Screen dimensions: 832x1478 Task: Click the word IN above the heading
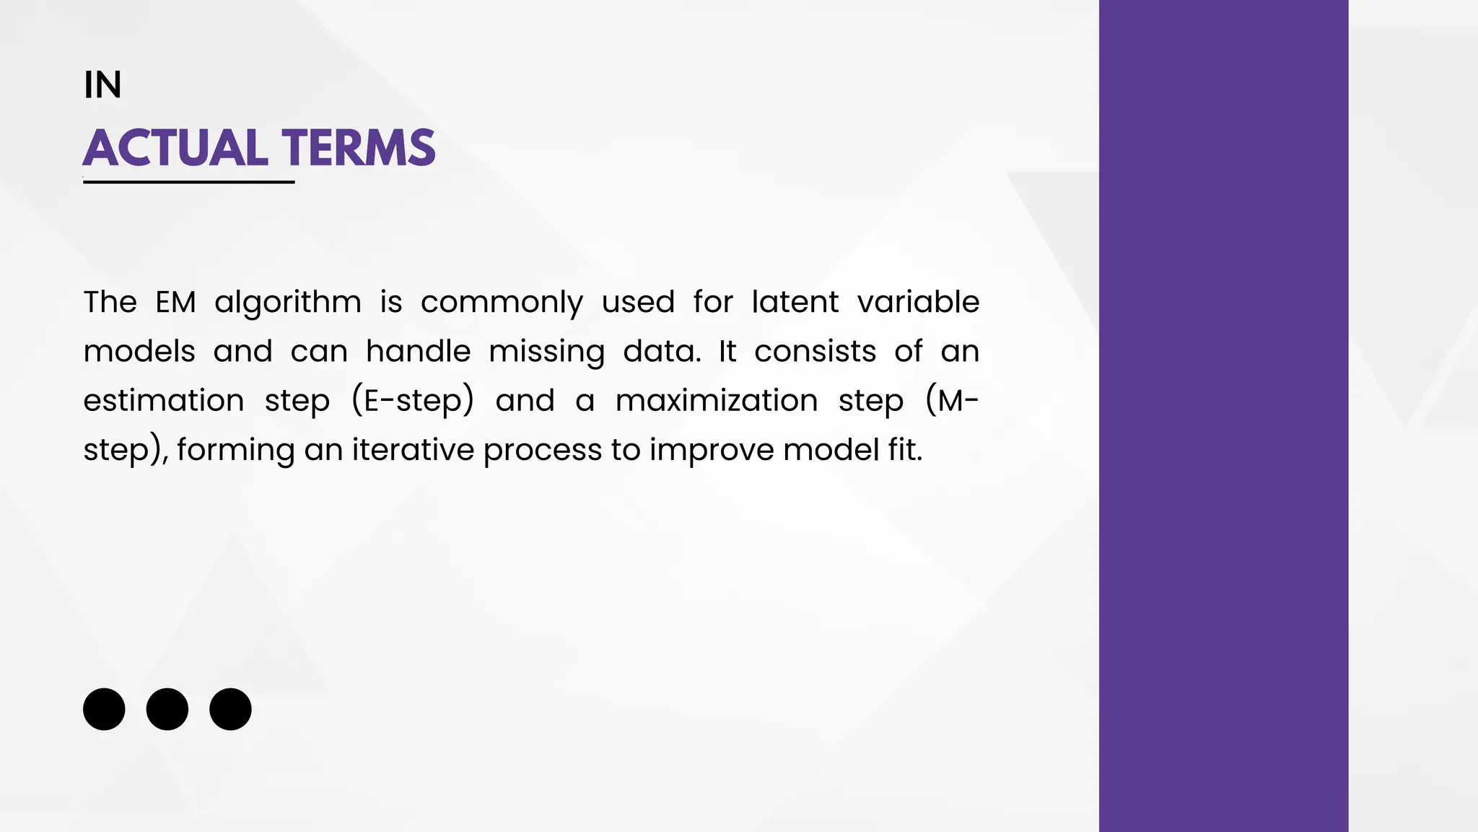(x=102, y=85)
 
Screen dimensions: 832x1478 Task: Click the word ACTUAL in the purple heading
(x=175, y=148)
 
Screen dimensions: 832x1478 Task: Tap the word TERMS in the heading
(x=359, y=148)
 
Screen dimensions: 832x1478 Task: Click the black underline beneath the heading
(x=188, y=182)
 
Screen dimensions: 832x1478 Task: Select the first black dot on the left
(x=104, y=708)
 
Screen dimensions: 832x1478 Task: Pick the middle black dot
(x=167, y=708)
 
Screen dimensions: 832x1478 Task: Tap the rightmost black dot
(x=230, y=708)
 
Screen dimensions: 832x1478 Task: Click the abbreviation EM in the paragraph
(x=175, y=302)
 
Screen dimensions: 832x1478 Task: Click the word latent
(x=794, y=302)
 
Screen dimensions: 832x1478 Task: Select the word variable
(x=917, y=302)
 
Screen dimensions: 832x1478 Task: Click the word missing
(x=546, y=352)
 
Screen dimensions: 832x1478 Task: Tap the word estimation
(x=164, y=401)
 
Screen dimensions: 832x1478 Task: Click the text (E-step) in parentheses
(x=412, y=402)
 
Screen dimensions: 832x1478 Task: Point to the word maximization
(x=716, y=401)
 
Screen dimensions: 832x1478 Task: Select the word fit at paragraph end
(x=905, y=450)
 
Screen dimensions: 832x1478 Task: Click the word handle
(x=418, y=352)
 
